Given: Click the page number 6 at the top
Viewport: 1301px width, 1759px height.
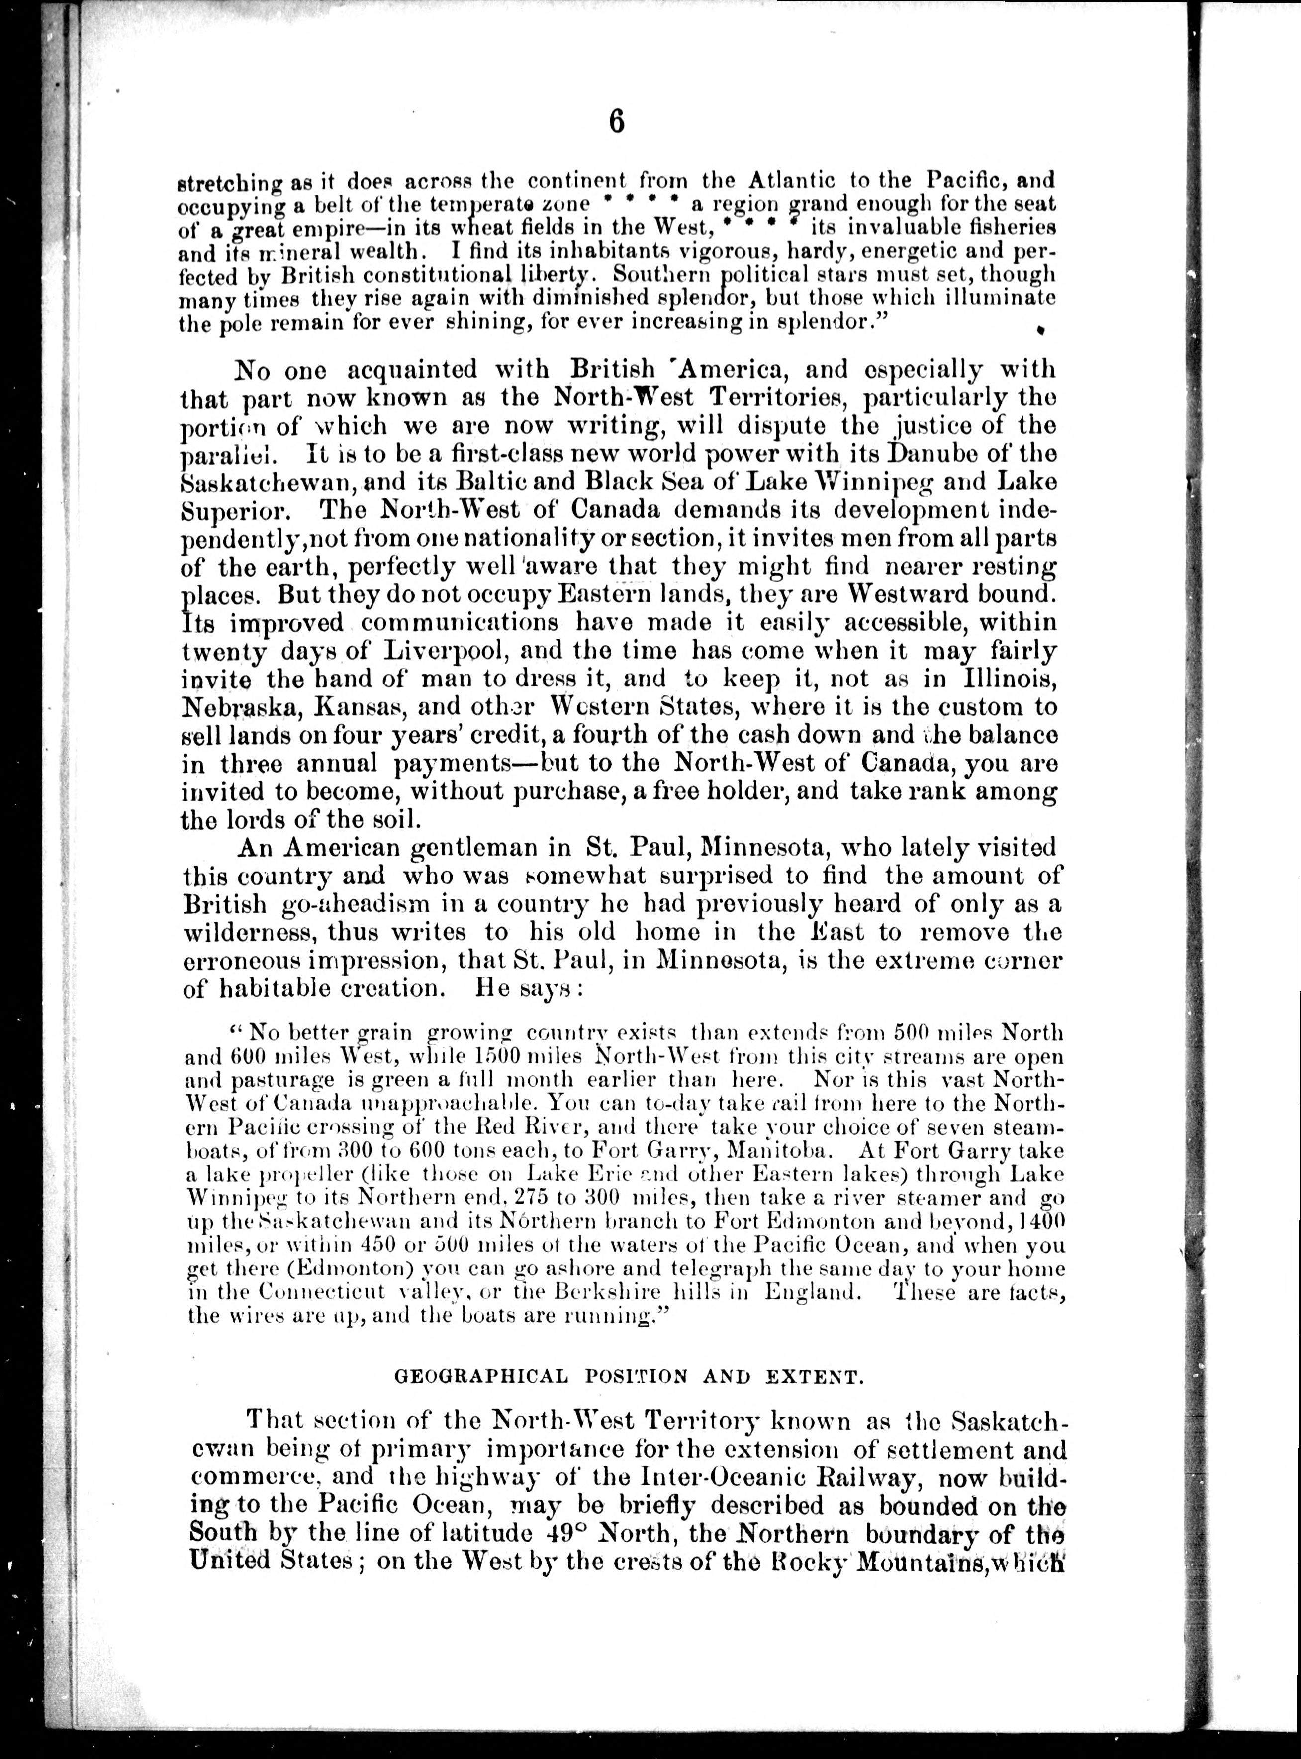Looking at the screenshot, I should [x=617, y=124].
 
